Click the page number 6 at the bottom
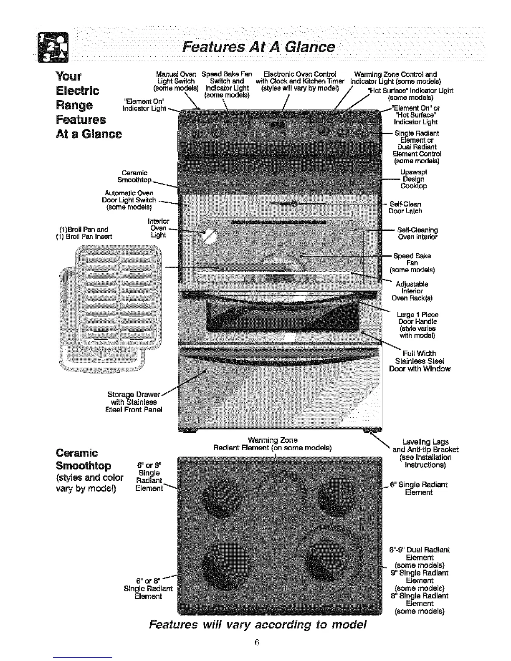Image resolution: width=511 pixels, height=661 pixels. pyautogui.click(x=257, y=642)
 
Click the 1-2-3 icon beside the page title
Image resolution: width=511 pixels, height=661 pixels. pyautogui.click(x=54, y=47)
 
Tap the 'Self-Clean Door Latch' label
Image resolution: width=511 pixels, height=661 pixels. pyautogui.click(x=405, y=207)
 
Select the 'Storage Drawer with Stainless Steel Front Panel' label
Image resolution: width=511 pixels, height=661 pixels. pyautogui.click(x=134, y=402)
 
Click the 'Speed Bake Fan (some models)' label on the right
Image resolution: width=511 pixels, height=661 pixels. pyautogui.click(x=412, y=262)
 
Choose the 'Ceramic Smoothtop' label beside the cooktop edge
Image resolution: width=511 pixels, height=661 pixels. pyautogui.click(x=134, y=177)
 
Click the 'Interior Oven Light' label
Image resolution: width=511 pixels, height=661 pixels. pyautogui.click(x=159, y=228)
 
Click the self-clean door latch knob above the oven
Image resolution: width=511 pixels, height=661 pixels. pyautogui.click(x=294, y=204)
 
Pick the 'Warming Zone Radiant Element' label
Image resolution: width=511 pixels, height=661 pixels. pyautogui.click(x=272, y=444)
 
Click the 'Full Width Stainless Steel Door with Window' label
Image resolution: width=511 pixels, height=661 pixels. pyautogui.click(x=420, y=361)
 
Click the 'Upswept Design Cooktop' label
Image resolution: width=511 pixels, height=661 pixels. pyautogui.click(x=413, y=179)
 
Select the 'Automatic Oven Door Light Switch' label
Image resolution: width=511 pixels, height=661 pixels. pyautogui.click(x=129, y=200)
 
